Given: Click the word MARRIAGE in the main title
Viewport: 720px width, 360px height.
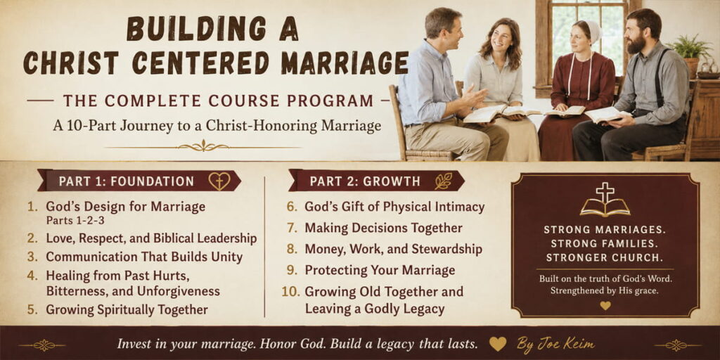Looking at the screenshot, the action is (345, 63).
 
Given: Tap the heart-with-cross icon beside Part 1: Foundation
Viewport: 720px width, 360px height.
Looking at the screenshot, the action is (219, 181).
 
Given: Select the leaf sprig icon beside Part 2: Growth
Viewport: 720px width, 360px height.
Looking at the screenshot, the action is (444, 181).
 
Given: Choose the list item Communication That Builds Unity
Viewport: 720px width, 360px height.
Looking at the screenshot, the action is (144, 257).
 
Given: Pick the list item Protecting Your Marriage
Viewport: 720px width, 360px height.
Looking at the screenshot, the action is (380, 270).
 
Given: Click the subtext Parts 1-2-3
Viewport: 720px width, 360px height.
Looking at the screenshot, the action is (75, 220).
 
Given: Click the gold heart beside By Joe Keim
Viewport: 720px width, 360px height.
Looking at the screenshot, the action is (498, 343).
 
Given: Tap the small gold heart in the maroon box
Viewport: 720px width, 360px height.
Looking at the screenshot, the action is (605, 305).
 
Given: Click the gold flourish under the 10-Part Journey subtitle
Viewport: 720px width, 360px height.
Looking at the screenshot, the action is (203, 147).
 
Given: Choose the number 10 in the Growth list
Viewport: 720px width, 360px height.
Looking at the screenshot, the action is (290, 292).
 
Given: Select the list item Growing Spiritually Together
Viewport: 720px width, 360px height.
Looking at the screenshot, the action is (127, 309).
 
